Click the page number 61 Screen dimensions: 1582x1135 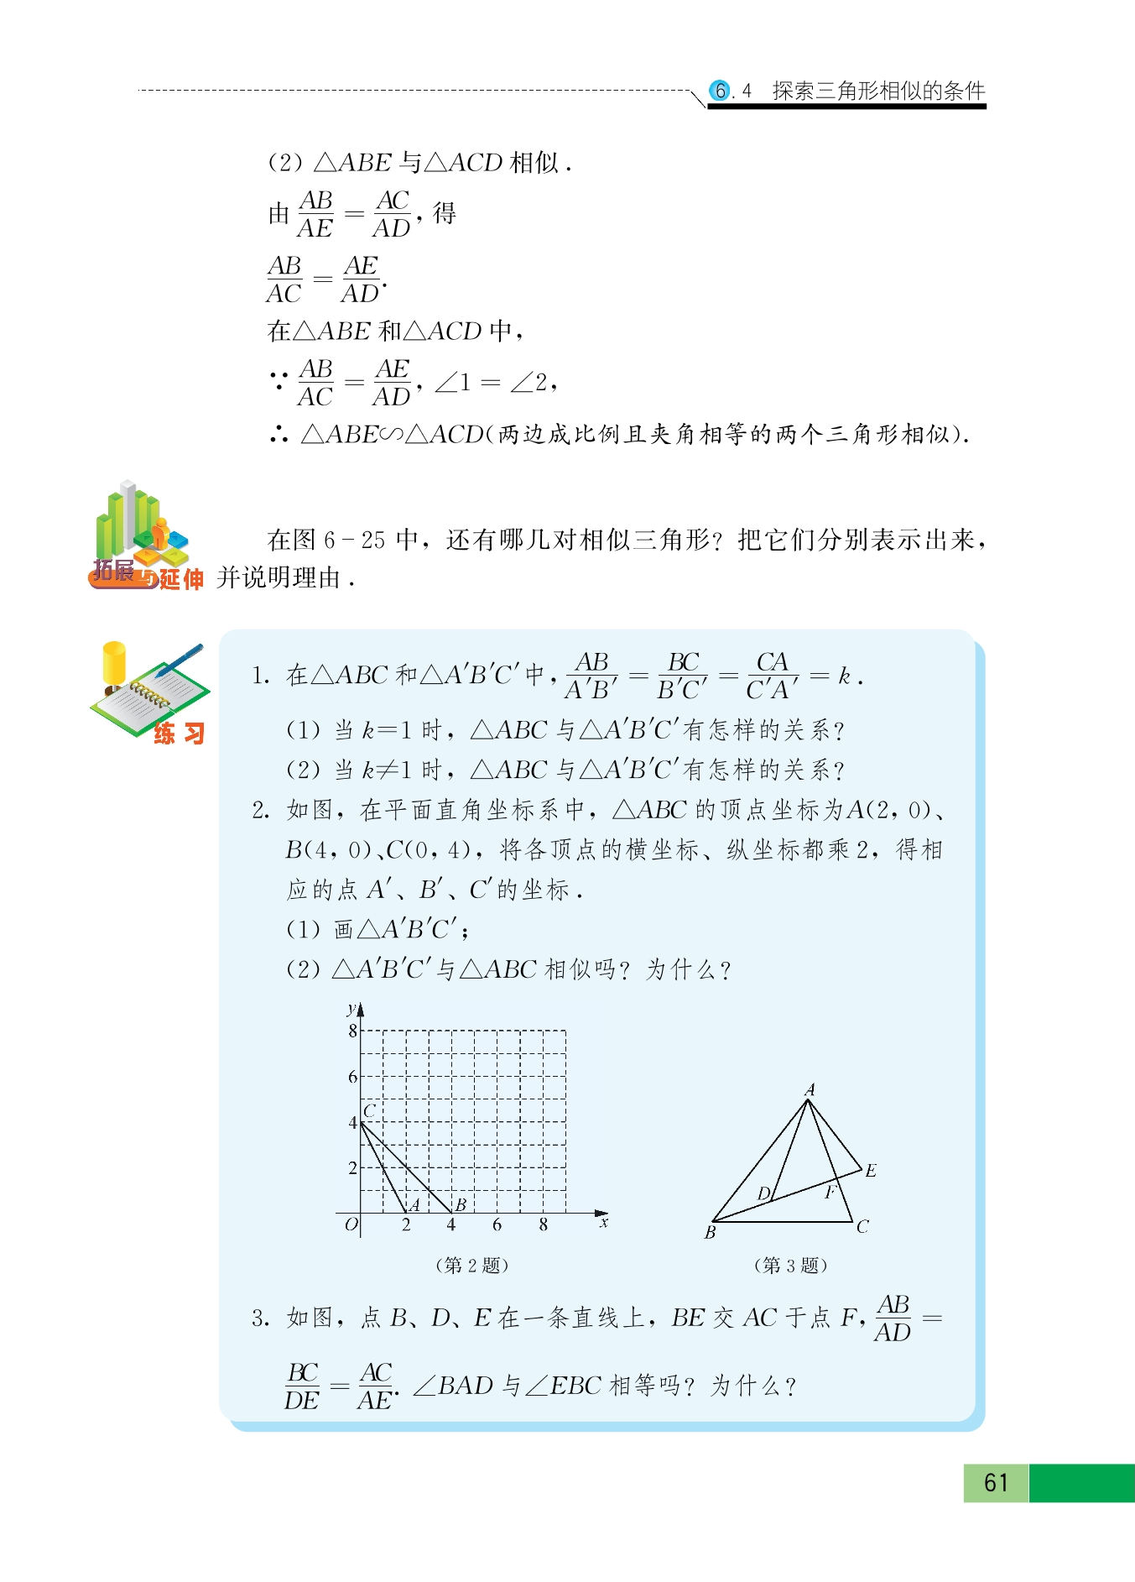click(x=996, y=1482)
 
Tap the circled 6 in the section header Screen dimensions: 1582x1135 click(x=720, y=91)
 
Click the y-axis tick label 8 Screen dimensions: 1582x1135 click(x=353, y=1031)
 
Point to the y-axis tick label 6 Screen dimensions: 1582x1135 click(x=353, y=1077)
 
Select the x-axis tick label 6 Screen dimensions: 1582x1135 click(x=497, y=1225)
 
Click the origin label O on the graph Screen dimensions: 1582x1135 click(x=351, y=1224)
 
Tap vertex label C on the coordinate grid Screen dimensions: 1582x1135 click(x=369, y=1110)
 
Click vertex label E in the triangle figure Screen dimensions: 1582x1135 click(x=871, y=1170)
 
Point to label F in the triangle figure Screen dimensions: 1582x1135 click(x=830, y=1192)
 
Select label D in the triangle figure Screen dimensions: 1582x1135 click(x=763, y=1193)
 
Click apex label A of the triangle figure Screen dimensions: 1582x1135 click(x=810, y=1089)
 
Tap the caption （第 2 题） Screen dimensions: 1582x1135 click(x=471, y=1265)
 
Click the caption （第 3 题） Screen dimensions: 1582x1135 click(x=790, y=1265)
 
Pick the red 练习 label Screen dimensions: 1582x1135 click(x=179, y=734)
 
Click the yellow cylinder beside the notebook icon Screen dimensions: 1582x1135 click(x=114, y=663)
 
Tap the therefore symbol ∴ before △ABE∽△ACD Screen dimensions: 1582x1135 click(x=279, y=434)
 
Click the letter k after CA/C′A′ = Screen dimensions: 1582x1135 click(x=845, y=676)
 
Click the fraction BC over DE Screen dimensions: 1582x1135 click(x=302, y=1386)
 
